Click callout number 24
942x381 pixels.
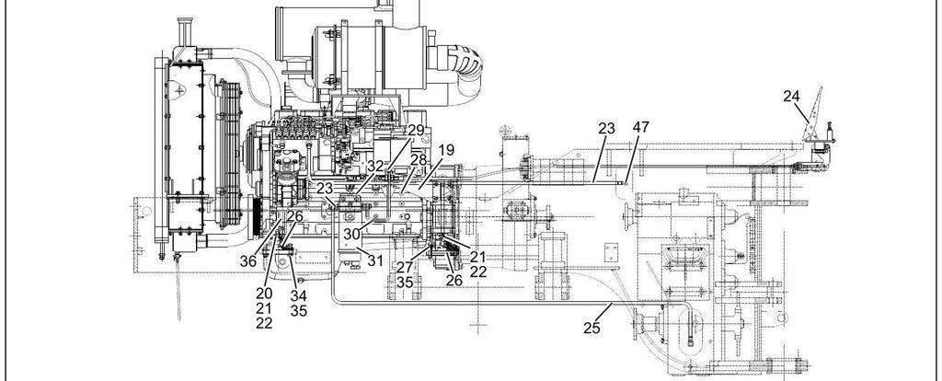[792, 96]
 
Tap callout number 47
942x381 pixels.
[641, 127]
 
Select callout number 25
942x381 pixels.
[592, 328]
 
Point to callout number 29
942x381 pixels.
[416, 131]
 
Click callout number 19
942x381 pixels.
[446, 150]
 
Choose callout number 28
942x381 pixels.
[419, 160]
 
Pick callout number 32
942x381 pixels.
[375, 167]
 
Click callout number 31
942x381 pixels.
[375, 260]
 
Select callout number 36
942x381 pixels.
[248, 261]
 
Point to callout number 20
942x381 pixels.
[264, 294]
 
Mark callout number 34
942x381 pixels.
[299, 295]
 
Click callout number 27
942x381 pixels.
[405, 267]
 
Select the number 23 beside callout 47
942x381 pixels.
[607, 128]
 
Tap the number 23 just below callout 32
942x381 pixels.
[325, 188]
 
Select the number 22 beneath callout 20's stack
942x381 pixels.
[264, 323]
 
